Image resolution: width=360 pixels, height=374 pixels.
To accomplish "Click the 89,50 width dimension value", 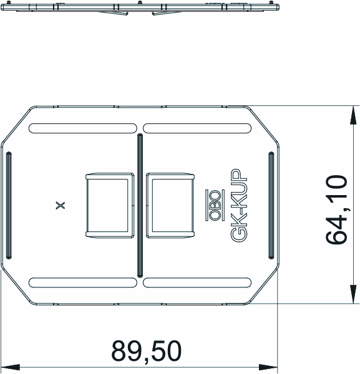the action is click(x=147, y=352).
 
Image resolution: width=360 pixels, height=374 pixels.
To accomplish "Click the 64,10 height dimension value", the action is click(x=336, y=209).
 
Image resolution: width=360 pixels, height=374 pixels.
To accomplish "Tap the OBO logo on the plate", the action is click(x=215, y=205).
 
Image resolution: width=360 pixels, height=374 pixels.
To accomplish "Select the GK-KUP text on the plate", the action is click(x=239, y=205).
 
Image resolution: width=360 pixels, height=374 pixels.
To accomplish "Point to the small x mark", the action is click(x=60, y=205).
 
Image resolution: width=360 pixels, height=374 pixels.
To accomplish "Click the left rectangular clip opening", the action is click(x=110, y=205).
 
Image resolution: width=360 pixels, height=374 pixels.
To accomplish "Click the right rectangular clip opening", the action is click(x=170, y=205).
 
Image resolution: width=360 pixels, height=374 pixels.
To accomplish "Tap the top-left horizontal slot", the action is click(x=82, y=128).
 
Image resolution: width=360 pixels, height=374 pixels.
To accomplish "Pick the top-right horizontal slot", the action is click(x=197, y=128).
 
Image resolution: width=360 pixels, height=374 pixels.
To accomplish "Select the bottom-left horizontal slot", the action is click(x=82, y=282).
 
